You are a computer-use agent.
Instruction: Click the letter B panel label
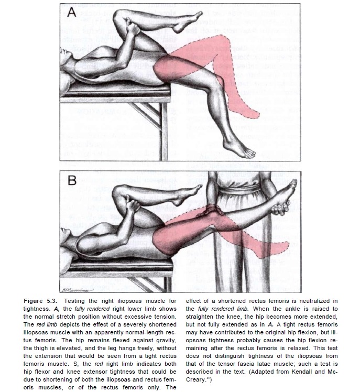[x=72, y=181]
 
